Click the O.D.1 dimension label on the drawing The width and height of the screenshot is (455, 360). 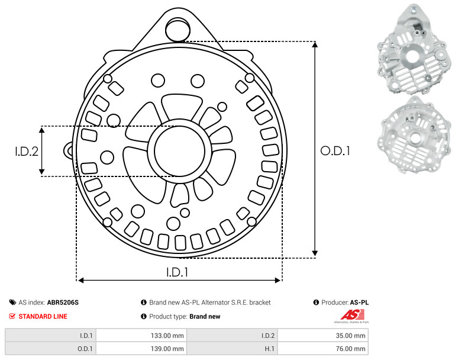pos(335,151)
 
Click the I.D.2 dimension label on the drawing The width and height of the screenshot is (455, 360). pos(27,152)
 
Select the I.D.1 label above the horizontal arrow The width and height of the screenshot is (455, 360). pos(177,272)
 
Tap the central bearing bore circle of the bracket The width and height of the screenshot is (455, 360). pos(180,151)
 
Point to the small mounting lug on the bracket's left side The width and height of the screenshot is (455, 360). pos(69,150)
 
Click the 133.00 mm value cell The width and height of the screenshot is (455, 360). pos(141,336)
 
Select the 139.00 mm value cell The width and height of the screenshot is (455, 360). pos(141,349)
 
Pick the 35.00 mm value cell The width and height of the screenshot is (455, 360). pos(323,336)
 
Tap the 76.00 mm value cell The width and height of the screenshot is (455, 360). pos(323,349)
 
